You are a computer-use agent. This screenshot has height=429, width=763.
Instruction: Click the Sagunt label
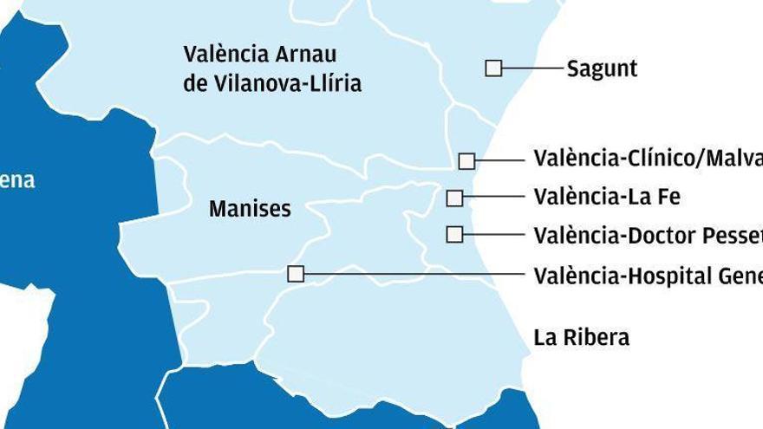602,68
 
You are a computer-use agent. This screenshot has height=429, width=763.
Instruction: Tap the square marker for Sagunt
493,68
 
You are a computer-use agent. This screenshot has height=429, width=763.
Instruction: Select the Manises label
250,209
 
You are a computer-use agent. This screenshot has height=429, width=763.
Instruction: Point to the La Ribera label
582,337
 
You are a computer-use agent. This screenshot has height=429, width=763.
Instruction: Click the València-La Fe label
607,198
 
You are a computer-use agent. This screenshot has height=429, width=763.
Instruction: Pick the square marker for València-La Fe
454,198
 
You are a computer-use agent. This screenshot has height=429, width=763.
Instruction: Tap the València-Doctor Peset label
647,235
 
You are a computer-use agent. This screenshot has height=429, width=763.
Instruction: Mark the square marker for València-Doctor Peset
454,234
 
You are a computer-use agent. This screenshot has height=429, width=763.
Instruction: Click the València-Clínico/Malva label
647,159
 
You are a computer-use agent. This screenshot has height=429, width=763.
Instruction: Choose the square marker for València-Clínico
466,160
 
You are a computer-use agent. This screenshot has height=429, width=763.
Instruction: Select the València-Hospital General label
647,276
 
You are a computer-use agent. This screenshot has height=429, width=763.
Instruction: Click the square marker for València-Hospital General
296,274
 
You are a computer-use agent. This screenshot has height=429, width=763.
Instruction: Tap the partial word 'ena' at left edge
17,180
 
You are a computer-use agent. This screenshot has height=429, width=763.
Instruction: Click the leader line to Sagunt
532,68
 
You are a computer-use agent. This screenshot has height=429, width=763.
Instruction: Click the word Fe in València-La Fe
668,198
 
